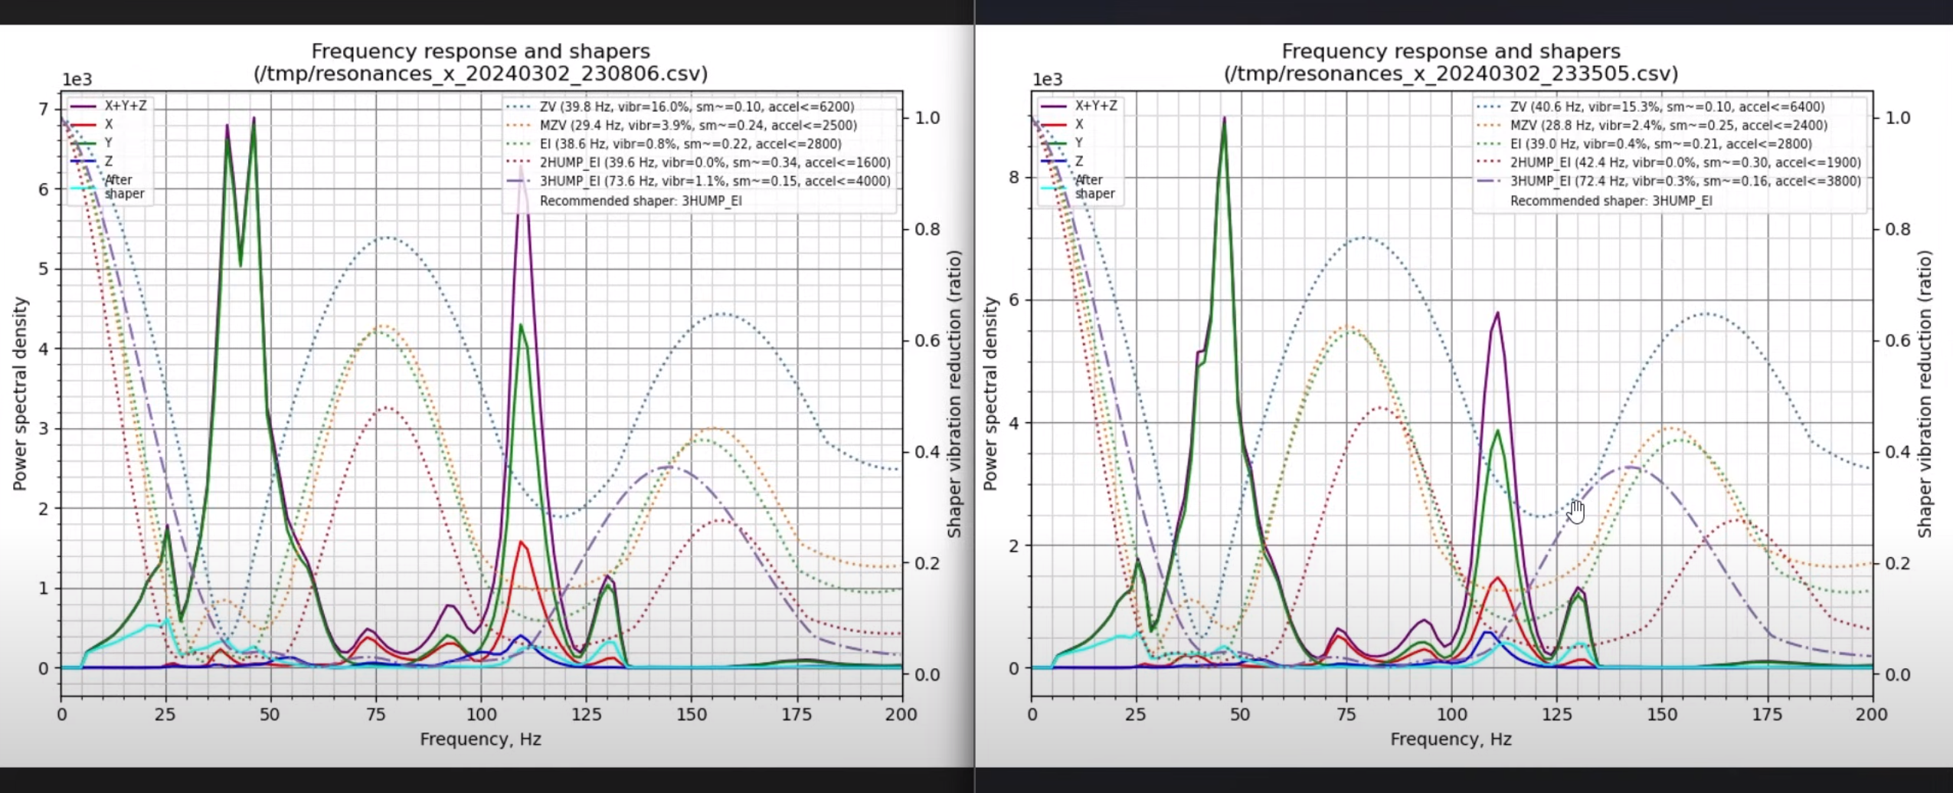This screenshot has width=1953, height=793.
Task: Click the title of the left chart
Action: tap(480, 51)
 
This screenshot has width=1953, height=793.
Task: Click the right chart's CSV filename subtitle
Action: tap(1451, 74)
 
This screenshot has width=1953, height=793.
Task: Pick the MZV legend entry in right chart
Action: tap(1667, 126)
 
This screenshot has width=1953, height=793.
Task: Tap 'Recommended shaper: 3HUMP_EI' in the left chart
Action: tap(640, 201)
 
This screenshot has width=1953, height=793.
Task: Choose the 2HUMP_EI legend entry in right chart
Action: tap(1684, 162)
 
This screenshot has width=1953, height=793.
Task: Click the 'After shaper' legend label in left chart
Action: tap(123, 186)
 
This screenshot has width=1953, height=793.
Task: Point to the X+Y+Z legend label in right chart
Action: tap(1095, 106)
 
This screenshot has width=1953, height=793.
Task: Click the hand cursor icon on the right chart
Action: tap(1576, 511)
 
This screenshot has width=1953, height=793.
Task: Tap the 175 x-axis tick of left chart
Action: tap(797, 714)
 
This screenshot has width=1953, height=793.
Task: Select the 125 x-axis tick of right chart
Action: tap(1556, 714)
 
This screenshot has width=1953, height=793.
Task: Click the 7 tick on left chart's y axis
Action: tap(44, 110)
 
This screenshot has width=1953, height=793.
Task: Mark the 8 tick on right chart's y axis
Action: tap(1014, 177)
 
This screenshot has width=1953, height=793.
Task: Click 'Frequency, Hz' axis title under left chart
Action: tap(480, 739)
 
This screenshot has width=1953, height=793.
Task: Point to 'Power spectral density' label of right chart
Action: tap(990, 393)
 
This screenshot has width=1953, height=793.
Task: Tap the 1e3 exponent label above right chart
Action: tap(1047, 80)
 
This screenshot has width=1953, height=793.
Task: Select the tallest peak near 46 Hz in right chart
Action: tap(1224, 120)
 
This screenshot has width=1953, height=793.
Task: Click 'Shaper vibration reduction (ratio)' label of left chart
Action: tap(954, 393)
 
